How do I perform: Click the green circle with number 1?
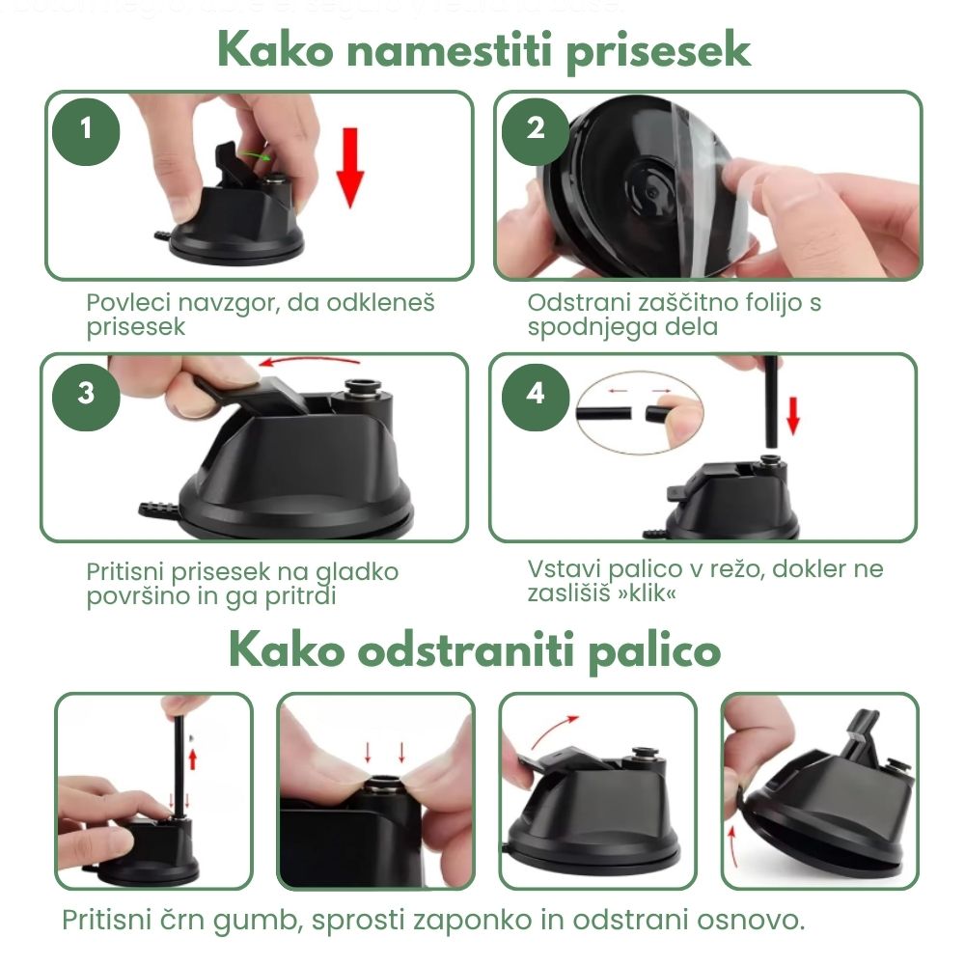click(86, 127)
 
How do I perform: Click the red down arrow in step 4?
click(793, 414)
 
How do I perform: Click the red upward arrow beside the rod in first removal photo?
click(192, 758)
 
